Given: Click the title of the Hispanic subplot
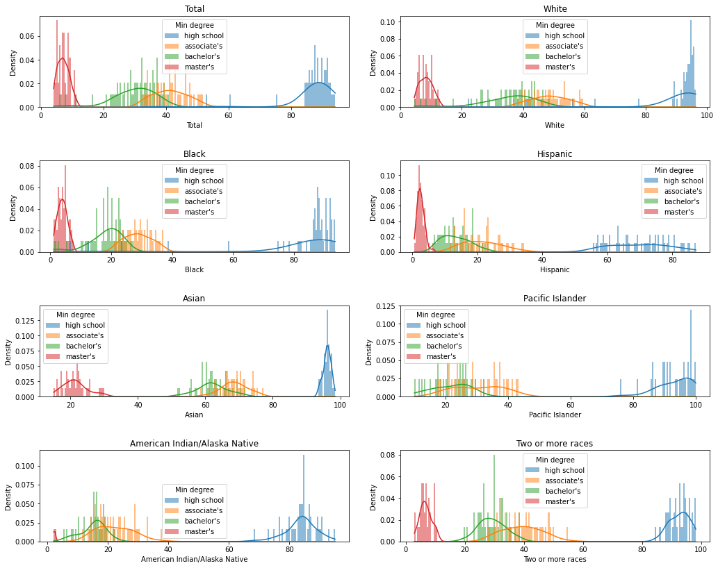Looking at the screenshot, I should pyautogui.click(x=555, y=153).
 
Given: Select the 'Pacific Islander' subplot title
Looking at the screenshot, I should pyautogui.click(x=555, y=298).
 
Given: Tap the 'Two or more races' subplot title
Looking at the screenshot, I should pyautogui.click(x=555, y=443).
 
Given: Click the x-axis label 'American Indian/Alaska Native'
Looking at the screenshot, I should pyautogui.click(x=194, y=558).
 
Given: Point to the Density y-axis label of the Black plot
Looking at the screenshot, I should pyautogui.click(x=13, y=206).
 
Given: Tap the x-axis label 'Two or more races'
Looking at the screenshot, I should pyautogui.click(x=555, y=558).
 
